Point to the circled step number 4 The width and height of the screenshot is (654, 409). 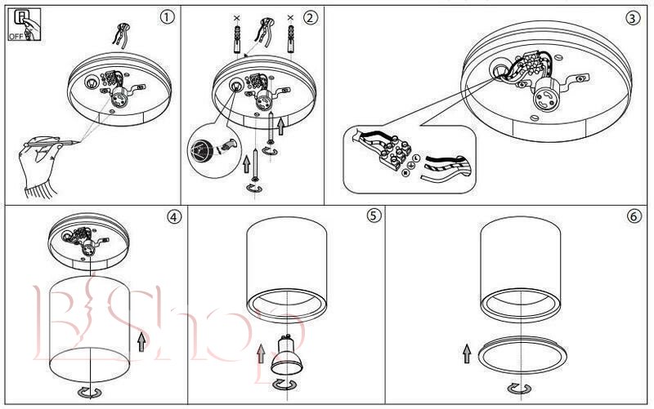pos(172,216)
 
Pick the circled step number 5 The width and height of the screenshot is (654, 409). pos(374,216)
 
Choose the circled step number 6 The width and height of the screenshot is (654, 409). pos(634,216)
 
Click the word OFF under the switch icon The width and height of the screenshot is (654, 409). pos(15,37)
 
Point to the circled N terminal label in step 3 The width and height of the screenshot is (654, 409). pos(404,172)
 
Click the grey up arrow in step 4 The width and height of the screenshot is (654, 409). pos(142,340)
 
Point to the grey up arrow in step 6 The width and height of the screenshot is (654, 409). pos(467,353)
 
